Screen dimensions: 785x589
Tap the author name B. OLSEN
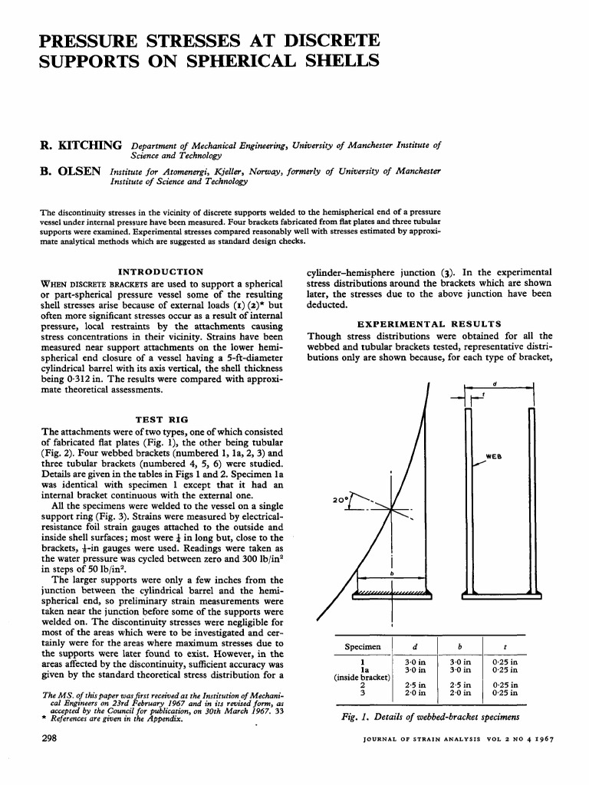point(71,171)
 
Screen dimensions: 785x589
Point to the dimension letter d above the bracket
point(495,383)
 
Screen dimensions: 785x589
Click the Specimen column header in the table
point(364,646)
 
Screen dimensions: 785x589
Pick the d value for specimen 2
point(415,685)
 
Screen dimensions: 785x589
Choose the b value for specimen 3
point(459,693)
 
